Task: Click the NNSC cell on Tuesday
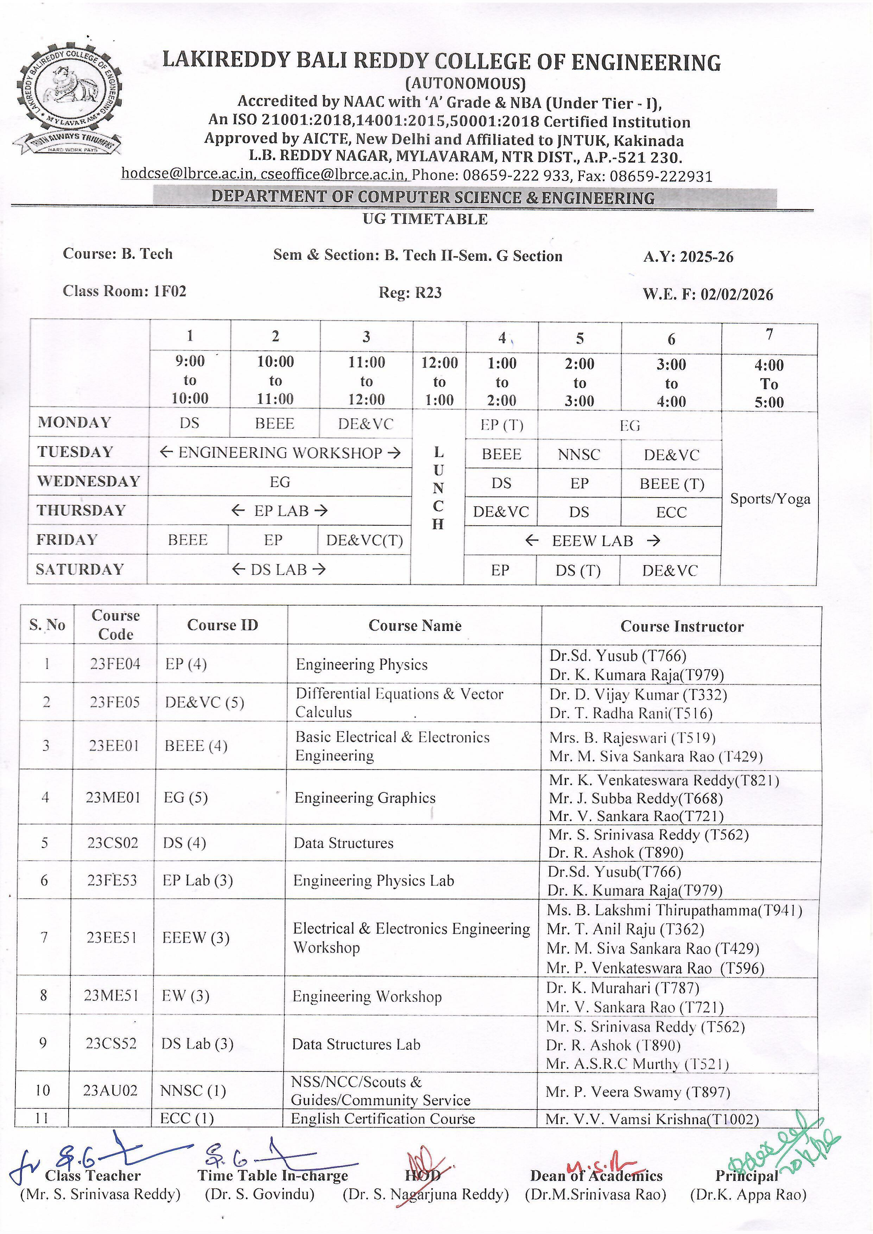578,455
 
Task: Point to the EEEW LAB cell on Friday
593,541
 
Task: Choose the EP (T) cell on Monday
501,425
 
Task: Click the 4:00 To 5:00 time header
769,383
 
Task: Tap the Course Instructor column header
682,626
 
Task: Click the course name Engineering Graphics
365,798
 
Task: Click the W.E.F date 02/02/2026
736,295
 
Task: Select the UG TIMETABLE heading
425,219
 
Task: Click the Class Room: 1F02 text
125,291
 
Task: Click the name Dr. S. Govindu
260,1194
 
